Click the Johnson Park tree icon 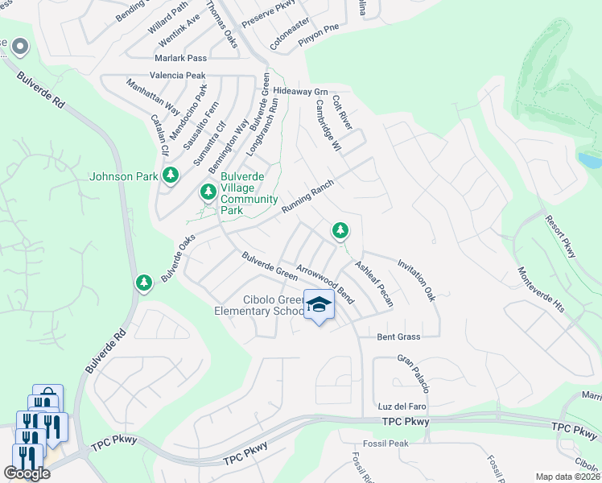coord(170,175)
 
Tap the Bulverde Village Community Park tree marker coord(208,192)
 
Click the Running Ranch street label coord(307,197)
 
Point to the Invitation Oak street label coord(416,279)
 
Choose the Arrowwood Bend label coord(325,279)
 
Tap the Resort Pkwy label coord(561,236)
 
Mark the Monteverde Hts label coord(541,290)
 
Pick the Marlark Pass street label coord(183,58)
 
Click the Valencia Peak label coord(183,75)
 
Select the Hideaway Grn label coord(301,91)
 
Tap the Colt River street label coord(343,113)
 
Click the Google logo coord(27,473)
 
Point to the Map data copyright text coord(568,477)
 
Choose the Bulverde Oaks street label coord(178,258)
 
